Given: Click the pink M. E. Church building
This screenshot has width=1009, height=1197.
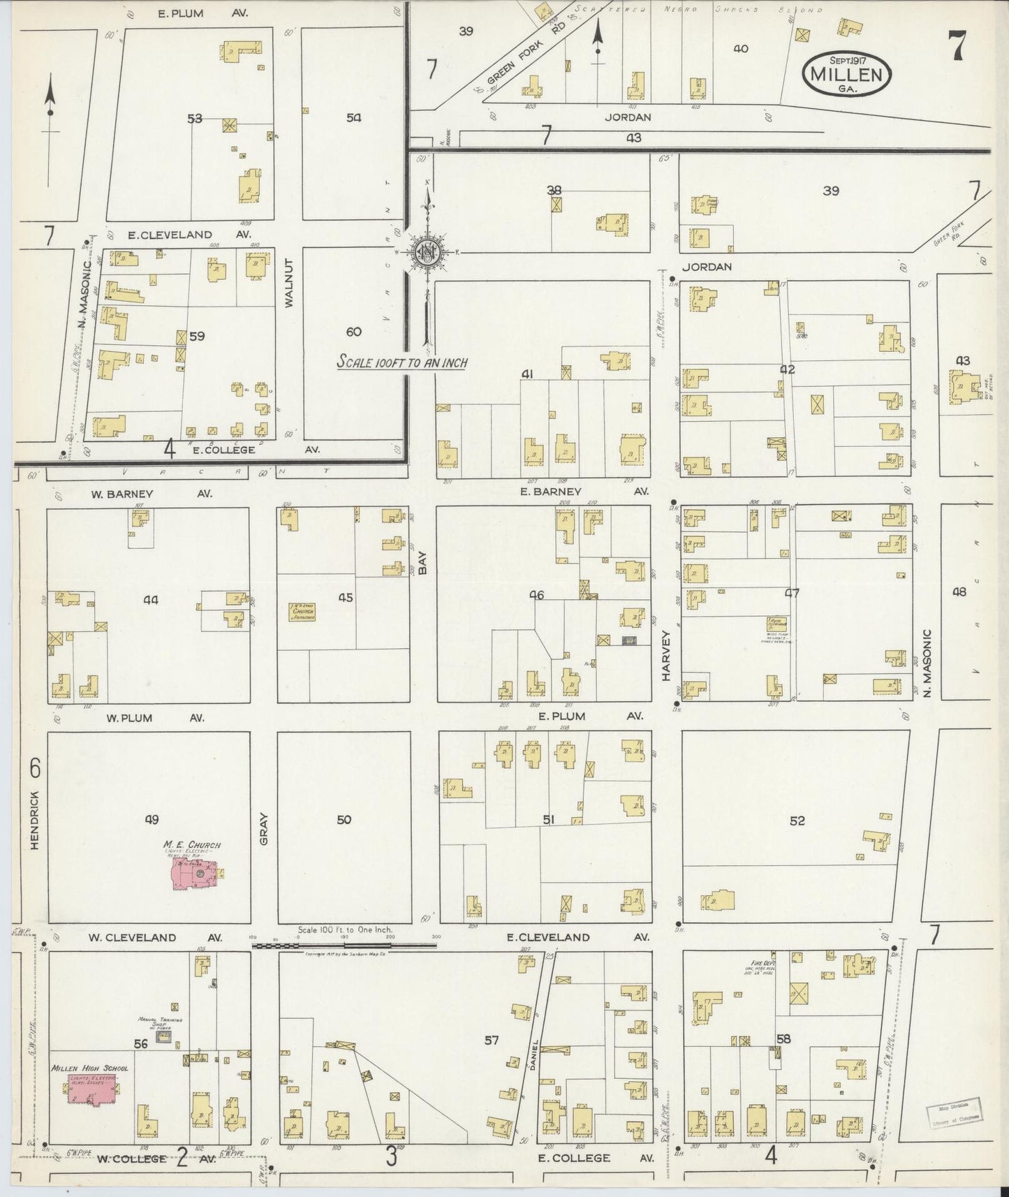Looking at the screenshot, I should [x=195, y=874].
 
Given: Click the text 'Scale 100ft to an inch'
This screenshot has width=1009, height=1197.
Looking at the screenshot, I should [x=402, y=362].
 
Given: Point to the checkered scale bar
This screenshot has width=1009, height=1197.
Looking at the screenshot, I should [x=344, y=946].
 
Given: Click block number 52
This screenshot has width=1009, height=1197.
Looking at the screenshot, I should [x=797, y=821].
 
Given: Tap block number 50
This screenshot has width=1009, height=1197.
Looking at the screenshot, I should [x=344, y=819].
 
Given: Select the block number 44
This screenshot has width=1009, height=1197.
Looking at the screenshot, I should [x=150, y=599].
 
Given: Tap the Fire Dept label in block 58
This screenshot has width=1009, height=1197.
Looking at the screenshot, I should [x=756, y=964].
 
